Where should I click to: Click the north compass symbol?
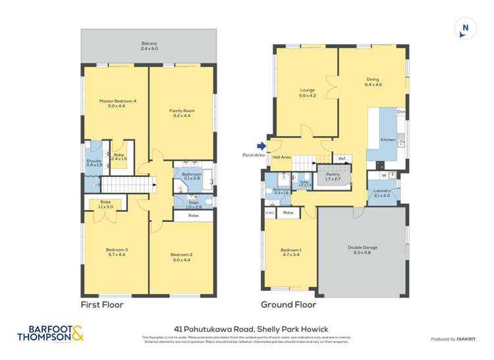465,28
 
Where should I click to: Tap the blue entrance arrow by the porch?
261,146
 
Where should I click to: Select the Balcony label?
148,46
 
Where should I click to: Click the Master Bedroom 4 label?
117,103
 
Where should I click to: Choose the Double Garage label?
363,249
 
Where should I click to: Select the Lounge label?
308,92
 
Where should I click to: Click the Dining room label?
373,82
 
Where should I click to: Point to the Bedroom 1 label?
290,252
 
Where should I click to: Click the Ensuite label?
94,163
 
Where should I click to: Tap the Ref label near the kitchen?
341,159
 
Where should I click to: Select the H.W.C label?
270,213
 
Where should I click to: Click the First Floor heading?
101,305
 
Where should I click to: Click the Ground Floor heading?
288,305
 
